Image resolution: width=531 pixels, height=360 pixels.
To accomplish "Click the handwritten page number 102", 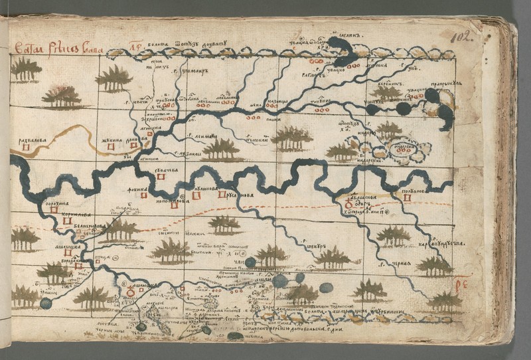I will (461, 37).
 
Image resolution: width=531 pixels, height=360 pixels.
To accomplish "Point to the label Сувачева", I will (167, 171).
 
